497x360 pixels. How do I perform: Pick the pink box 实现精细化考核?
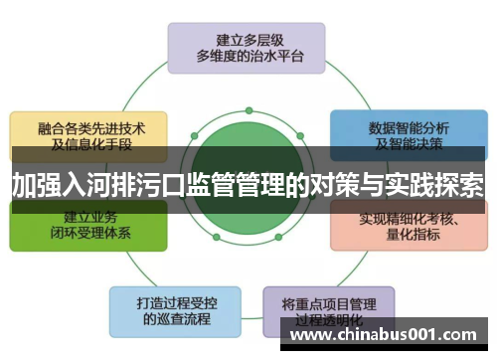pos(408,228)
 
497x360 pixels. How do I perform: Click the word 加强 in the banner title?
pos(36,185)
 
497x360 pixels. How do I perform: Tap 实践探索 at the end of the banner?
pos(433,185)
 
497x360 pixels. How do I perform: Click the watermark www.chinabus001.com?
pos(388,335)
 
